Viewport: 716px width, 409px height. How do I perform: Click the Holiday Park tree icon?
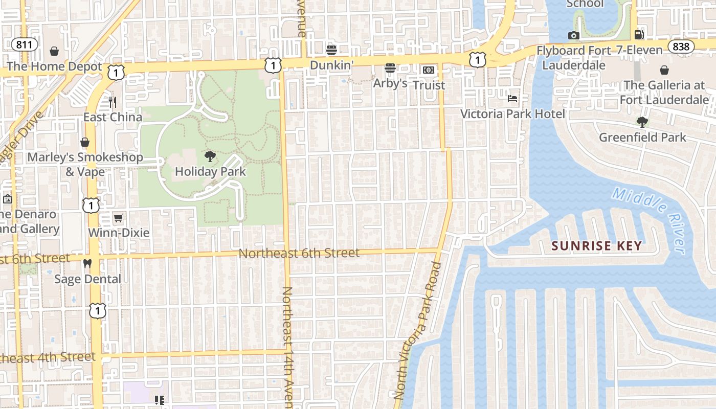pyautogui.click(x=210, y=156)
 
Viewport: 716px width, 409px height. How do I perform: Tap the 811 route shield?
pyautogui.click(x=24, y=44)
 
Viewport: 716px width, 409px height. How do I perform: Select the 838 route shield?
pyautogui.click(x=681, y=47)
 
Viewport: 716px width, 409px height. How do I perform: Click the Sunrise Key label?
pyautogui.click(x=596, y=246)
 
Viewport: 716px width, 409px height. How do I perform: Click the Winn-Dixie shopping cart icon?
pyautogui.click(x=118, y=218)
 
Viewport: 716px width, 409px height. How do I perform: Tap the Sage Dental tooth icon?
pyautogui.click(x=87, y=264)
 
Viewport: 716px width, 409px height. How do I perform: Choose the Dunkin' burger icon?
pyautogui.click(x=331, y=50)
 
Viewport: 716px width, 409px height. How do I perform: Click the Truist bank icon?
pyautogui.click(x=428, y=70)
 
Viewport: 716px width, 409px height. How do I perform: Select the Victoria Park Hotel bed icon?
pyautogui.click(x=512, y=98)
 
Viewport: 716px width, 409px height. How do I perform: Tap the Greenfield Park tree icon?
pyautogui.click(x=642, y=122)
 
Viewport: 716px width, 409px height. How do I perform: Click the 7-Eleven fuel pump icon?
pyautogui.click(x=639, y=35)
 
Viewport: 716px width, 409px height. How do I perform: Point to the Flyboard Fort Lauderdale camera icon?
pyautogui.click(x=574, y=35)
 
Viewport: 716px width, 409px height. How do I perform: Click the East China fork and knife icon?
pyautogui.click(x=113, y=102)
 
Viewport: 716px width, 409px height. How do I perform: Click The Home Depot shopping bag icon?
pyautogui.click(x=54, y=51)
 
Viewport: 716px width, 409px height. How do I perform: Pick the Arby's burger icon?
pyautogui.click(x=390, y=68)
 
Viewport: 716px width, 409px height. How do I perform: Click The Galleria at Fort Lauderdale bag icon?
pyautogui.click(x=664, y=70)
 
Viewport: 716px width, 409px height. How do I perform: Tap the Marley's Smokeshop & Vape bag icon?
pyautogui.click(x=85, y=142)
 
